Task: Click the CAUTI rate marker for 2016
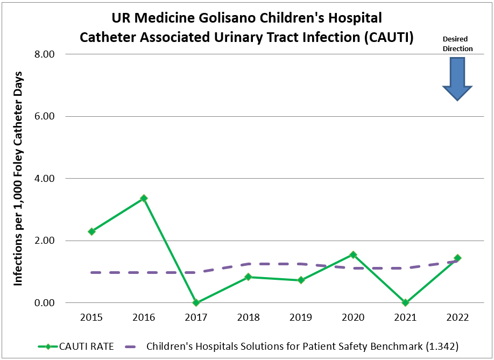[144, 198]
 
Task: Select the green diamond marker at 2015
[91, 231]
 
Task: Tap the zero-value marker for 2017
[196, 302]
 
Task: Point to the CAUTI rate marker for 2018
[248, 277]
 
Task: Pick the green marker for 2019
[301, 280]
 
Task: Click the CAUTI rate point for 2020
[353, 255]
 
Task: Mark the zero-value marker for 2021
[405, 302]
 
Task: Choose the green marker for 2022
[457, 258]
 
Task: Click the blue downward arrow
[457, 79]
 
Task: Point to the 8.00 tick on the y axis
[45, 54]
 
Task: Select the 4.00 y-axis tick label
[45, 179]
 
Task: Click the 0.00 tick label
[45, 303]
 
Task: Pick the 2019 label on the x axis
[301, 317]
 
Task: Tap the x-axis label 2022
[457, 317]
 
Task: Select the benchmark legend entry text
[302, 346]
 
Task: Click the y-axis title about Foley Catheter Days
[18, 178]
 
